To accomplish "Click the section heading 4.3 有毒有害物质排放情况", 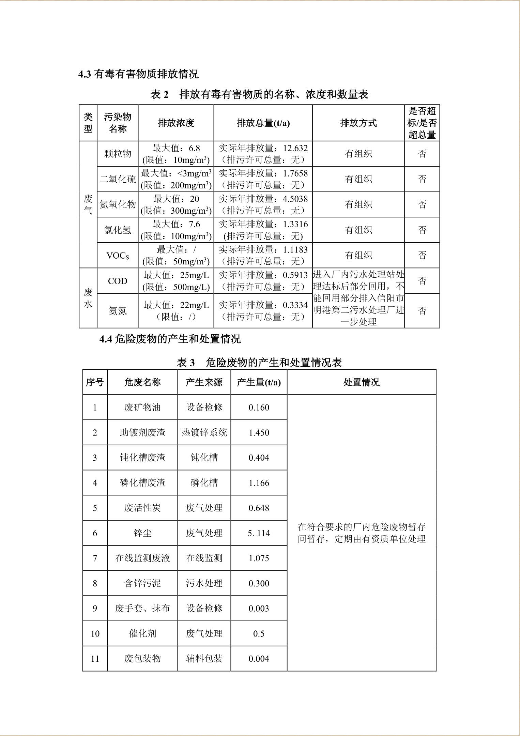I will tap(138, 74).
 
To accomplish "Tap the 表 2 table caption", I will tap(259, 94).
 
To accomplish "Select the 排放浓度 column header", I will tap(176, 123).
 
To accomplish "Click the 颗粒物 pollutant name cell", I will tap(118, 154).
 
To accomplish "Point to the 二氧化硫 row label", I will tap(118, 179).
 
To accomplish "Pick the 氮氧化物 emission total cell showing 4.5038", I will tap(263, 204).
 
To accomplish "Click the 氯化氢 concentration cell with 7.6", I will tap(176, 230).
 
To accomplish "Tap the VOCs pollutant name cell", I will tap(118, 256).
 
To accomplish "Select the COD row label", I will tap(118, 281).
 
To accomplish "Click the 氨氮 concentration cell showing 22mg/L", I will tap(176, 310).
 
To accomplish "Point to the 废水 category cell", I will tap(88, 298).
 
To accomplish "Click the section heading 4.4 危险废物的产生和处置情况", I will tap(170, 339).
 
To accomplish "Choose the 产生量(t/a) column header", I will tap(259, 382).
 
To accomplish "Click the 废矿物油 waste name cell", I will tap(142, 408).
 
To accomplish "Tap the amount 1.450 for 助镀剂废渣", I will tap(259, 433).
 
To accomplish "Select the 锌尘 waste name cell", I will tap(142, 533).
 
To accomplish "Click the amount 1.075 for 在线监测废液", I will tap(259, 558).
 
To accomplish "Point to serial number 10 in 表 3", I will tap(95, 633).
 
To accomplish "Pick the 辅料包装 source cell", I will tap(204, 659).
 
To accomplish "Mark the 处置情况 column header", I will tap(361, 382).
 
